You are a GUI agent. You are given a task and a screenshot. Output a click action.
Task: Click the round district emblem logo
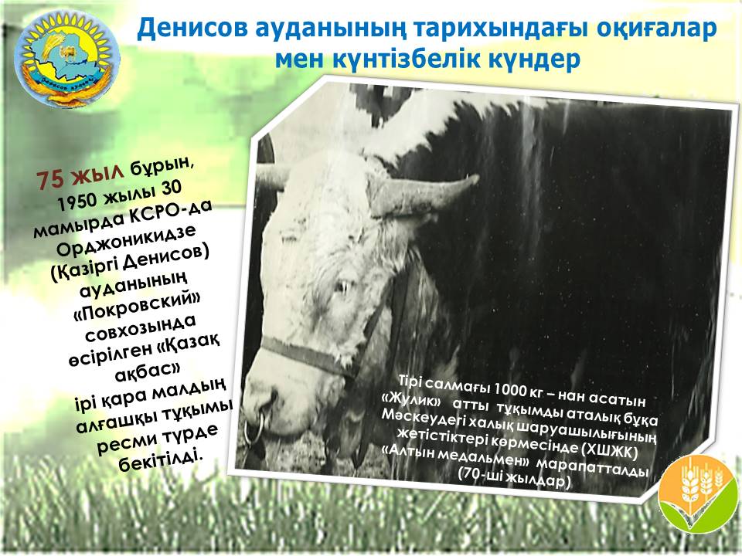pyautogui.click(x=66, y=59)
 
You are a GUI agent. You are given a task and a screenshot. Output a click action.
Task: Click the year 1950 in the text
pyautogui.click(x=76, y=201)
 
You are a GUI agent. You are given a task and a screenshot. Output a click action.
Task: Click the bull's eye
pyautogui.click(x=343, y=286)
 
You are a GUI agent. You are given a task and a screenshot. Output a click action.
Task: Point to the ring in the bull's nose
pyautogui.click(x=254, y=427)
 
